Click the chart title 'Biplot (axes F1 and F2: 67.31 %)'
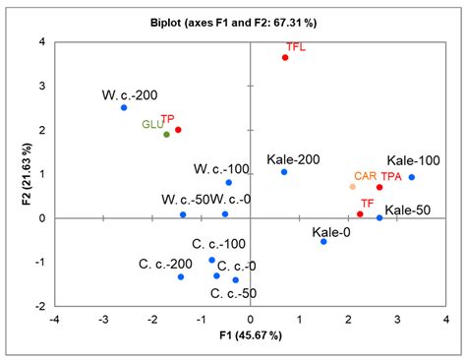pos(232,21)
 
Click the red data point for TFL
pos(285,58)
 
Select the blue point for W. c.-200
pos(124,107)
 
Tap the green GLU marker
pos(166,135)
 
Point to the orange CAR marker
pos(353,187)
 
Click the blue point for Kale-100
pos(411,177)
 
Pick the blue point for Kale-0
pos(323,241)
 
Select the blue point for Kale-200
pos(284,172)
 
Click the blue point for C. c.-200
pos(181,277)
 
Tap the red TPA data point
pos(379,187)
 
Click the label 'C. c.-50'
pos(236,293)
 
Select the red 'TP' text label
pos(167,119)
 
